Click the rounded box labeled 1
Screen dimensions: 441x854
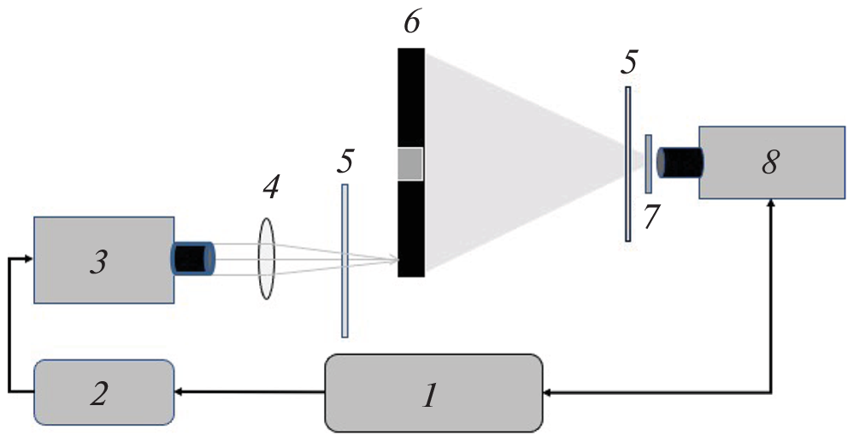tap(433, 393)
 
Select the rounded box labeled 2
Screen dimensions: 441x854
tap(104, 392)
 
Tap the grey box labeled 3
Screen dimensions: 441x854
tap(104, 260)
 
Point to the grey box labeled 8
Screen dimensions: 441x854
tap(771, 162)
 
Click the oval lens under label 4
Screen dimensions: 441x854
tap(266, 258)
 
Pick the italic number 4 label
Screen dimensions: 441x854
tap(269, 187)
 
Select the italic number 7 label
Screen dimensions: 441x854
tap(651, 218)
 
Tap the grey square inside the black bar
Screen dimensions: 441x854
tap(410, 163)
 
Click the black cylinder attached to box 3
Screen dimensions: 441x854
tap(193, 258)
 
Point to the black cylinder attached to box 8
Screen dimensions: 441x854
tap(680, 162)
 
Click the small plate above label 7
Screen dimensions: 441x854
tap(649, 163)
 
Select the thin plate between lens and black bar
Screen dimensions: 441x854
tap(345, 261)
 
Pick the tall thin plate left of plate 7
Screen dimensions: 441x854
tap(628, 163)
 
